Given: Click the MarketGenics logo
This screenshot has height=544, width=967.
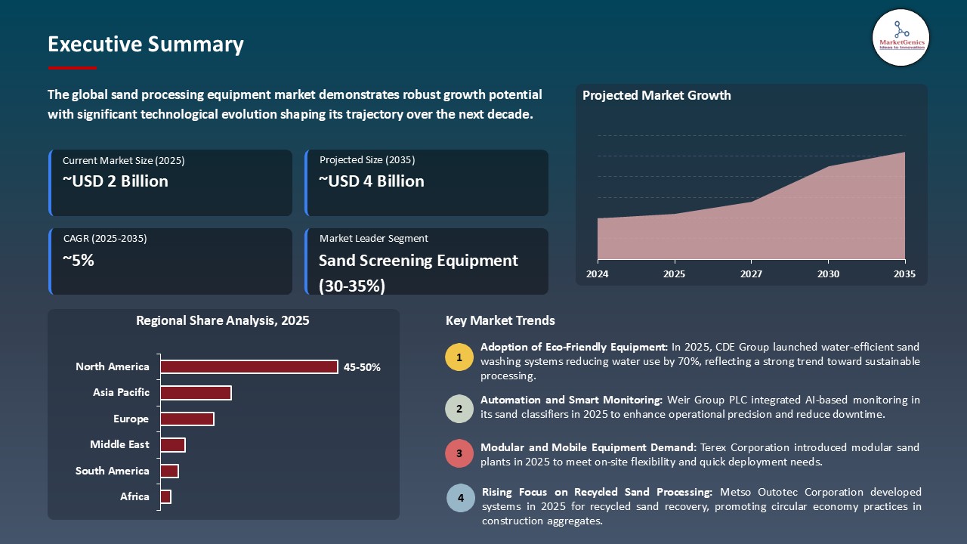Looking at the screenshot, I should [x=901, y=37].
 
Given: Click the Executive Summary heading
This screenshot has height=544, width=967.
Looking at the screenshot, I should [x=146, y=45].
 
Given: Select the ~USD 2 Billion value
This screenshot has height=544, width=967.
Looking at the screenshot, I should [x=116, y=181].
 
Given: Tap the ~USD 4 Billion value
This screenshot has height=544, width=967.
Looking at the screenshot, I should [x=372, y=181].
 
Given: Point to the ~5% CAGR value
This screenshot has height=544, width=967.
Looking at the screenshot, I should [x=79, y=261].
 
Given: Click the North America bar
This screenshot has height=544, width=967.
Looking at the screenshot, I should [x=249, y=366].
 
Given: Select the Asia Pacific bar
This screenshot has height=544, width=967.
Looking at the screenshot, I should [x=196, y=393].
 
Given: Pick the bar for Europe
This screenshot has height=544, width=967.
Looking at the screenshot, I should [x=187, y=419].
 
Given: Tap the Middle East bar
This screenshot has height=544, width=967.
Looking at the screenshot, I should [x=173, y=445].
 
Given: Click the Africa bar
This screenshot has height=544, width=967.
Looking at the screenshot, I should [x=166, y=496].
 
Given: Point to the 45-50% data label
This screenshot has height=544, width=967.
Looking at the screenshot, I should [x=362, y=367].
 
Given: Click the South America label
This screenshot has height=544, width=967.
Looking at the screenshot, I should [x=113, y=471].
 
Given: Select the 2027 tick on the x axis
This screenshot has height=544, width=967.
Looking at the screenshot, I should [x=751, y=274].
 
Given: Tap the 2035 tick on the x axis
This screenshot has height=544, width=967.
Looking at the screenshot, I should [x=904, y=274].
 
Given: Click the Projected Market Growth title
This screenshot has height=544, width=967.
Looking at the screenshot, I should [x=657, y=96].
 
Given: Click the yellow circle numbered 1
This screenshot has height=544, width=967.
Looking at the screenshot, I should [x=459, y=357].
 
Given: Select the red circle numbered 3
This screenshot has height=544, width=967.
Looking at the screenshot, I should [x=459, y=454].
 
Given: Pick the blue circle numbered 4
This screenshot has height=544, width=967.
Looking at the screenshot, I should [x=460, y=499].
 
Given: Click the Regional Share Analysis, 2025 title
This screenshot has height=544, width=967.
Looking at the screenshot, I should [x=223, y=321].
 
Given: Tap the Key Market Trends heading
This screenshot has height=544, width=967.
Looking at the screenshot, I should [x=500, y=321].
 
